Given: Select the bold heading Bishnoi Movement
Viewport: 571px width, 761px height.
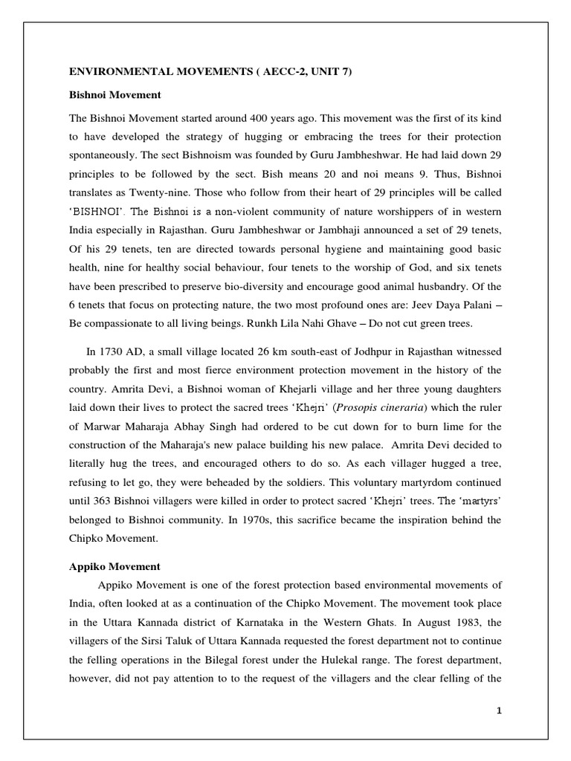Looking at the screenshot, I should (115, 96).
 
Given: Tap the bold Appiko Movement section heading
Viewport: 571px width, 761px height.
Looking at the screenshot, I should (114, 566).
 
